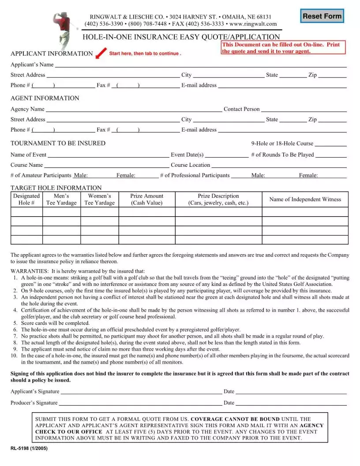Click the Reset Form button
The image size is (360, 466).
pyautogui.click(x=322, y=16)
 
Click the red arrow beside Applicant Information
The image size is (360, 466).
pyautogui.click(x=101, y=53)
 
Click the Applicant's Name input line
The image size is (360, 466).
pyautogui.click(x=200, y=64)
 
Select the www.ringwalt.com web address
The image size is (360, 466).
pyautogui.click(x=253, y=24)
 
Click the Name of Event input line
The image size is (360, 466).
pyautogui.click(x=108, y=155)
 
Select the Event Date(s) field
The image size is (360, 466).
pyautogui.click(x=227, y=155)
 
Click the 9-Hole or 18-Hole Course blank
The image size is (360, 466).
pyautogui.click(x=330, y=143)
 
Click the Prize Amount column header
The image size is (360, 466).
pyautogui.click(x=146, y=199)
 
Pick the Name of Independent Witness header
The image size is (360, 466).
pyautogui.click(x=305, y=199)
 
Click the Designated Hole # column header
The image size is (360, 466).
pyautogui.click(x=26, y=199)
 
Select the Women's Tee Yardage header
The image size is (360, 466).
pyautogui.click(x=99, y=199)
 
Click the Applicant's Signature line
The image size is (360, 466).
pyautogui.click(x=141, y=391)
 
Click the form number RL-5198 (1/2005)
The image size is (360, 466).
pyautogui.click(x=29, y=448)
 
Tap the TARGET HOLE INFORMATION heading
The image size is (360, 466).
pyautogui.click(x=56, y=188)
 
